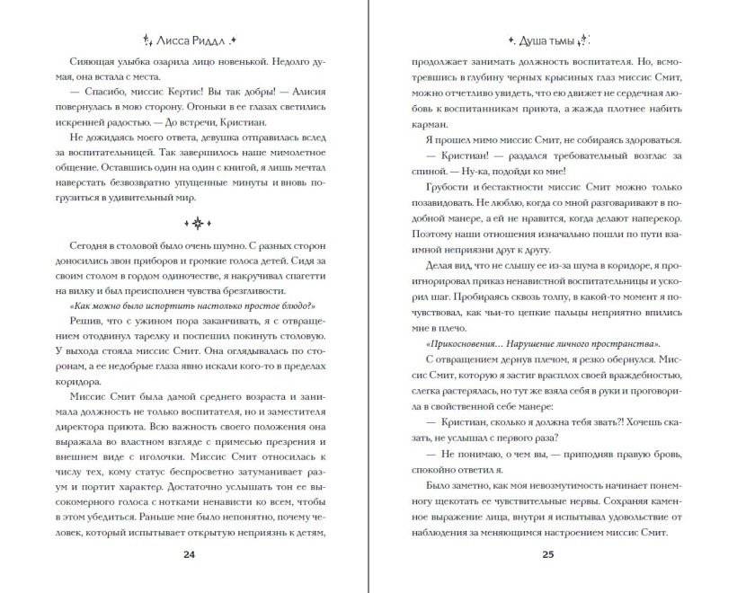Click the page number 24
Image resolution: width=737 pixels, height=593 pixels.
click(189, 554)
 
